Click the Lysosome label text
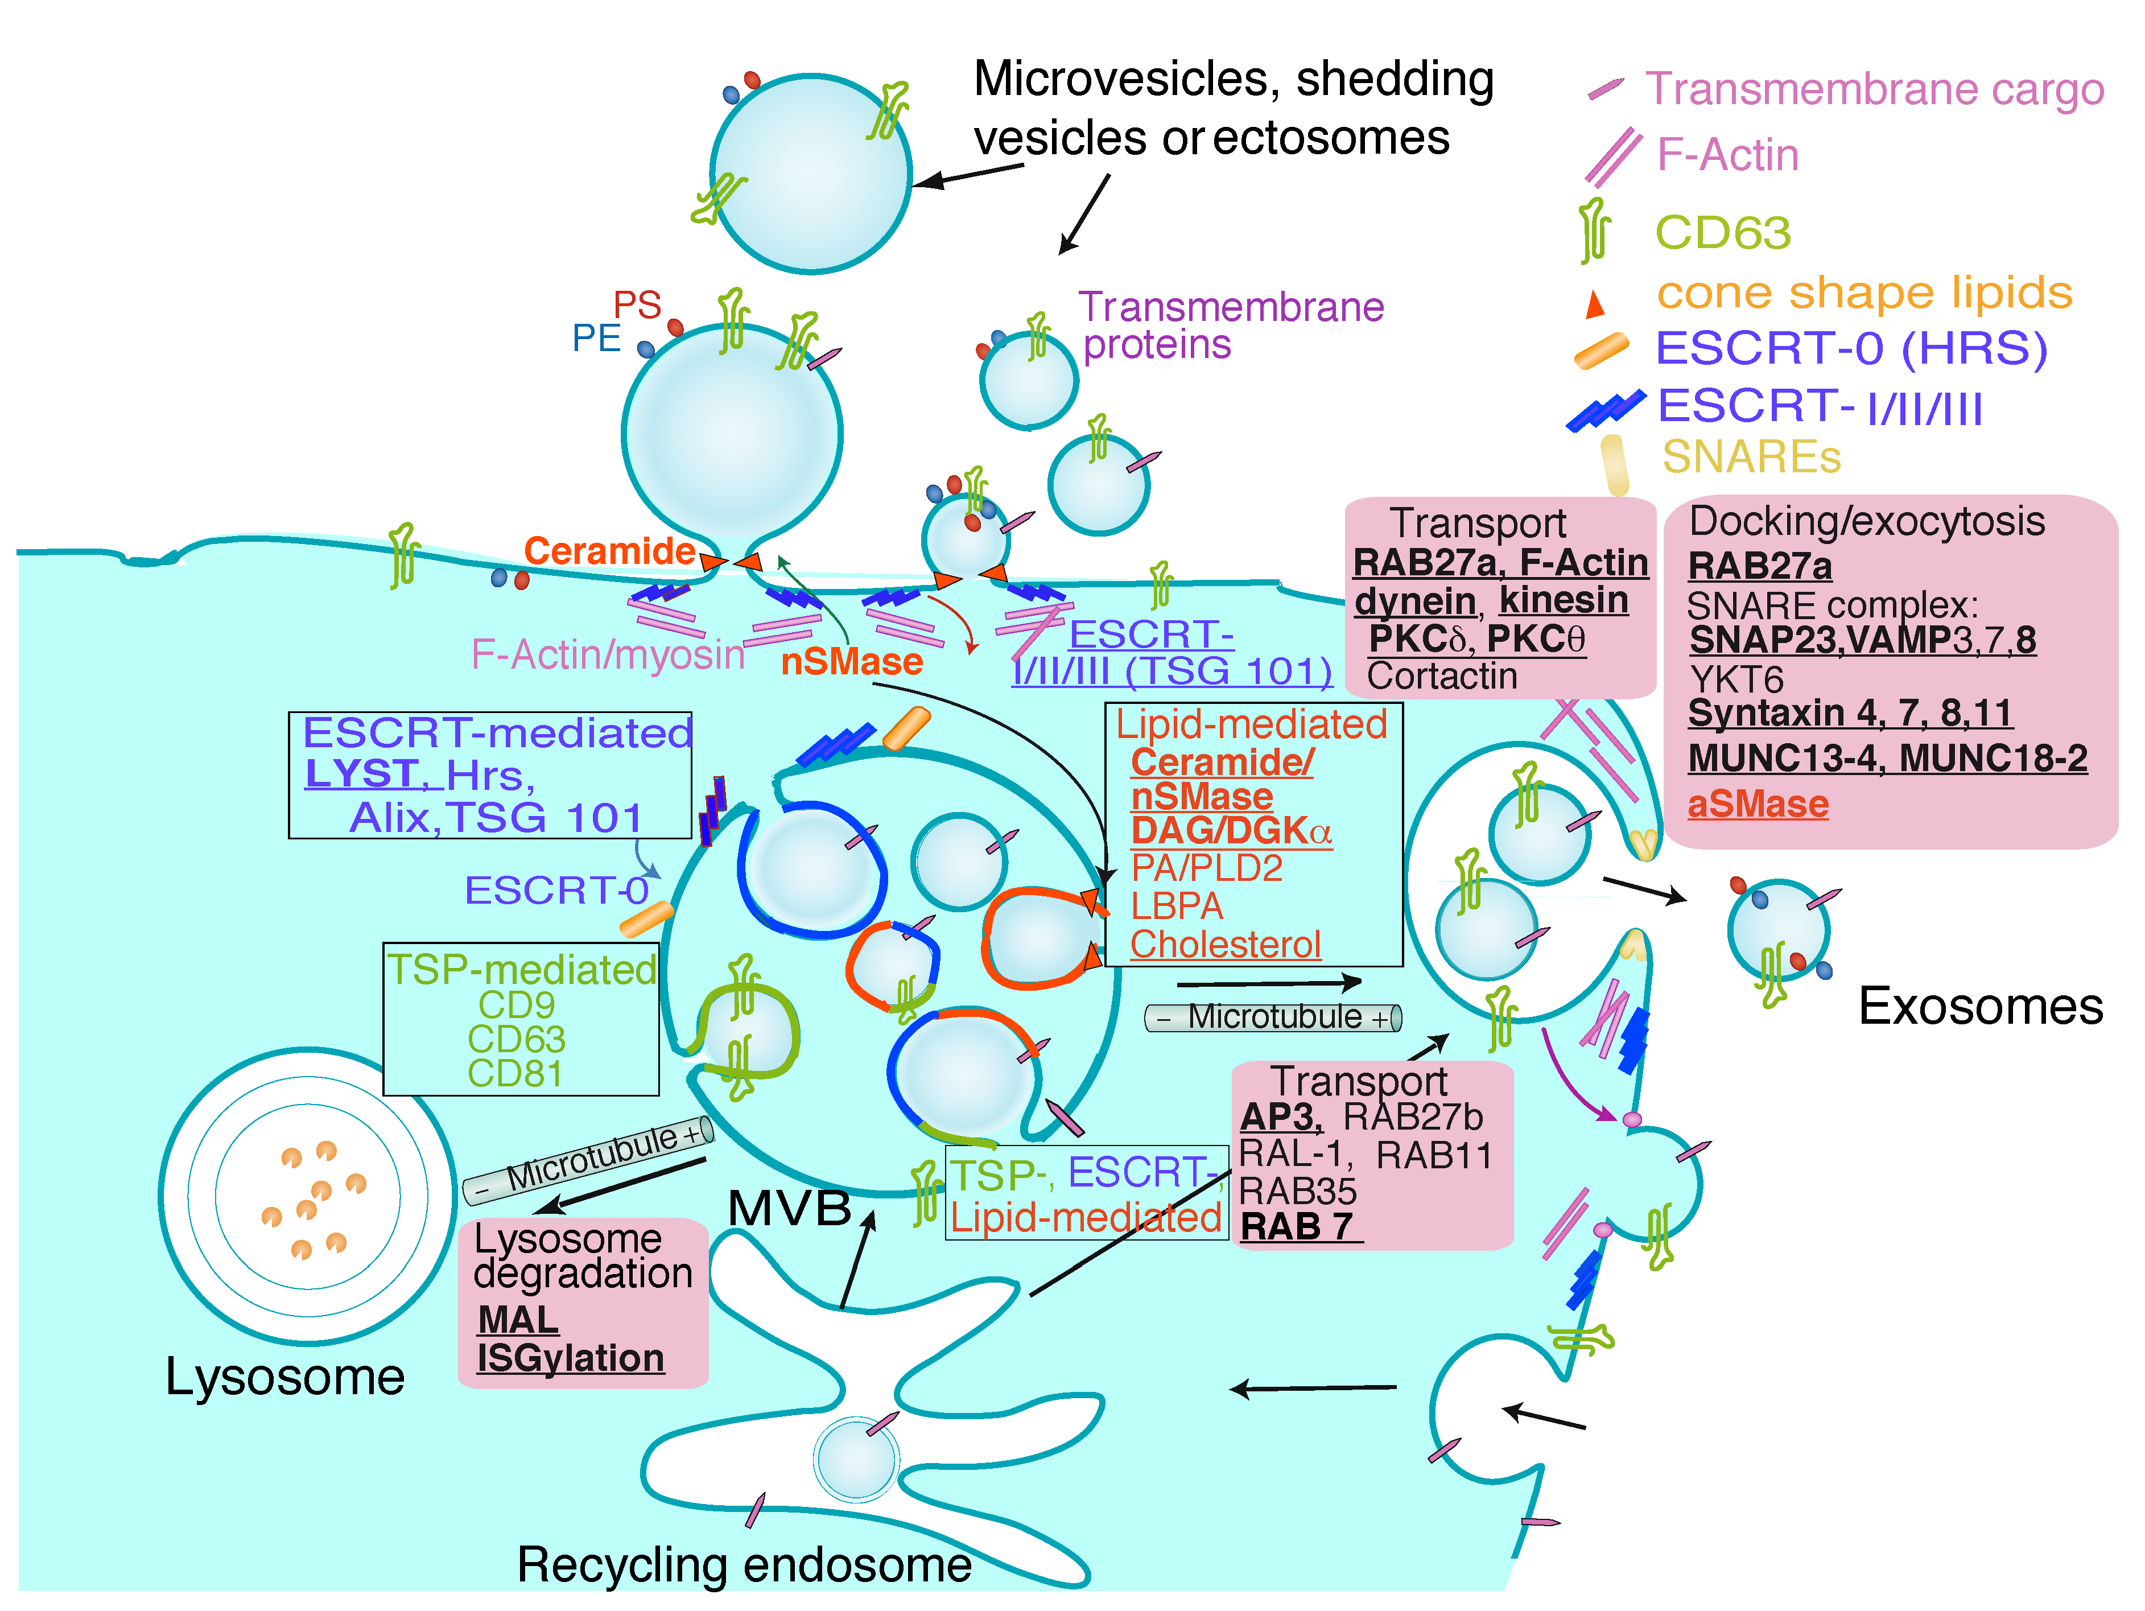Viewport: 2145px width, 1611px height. [284, 1377]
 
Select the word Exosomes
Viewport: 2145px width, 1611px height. [1980, 1006]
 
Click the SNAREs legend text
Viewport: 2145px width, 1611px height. [1750, 457]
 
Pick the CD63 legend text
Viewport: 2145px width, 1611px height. [1722, 233]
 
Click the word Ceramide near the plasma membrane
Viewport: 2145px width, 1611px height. [609, 551]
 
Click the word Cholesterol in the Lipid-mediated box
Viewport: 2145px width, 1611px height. [1225, 943]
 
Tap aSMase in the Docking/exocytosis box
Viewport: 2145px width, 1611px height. [1757, 804]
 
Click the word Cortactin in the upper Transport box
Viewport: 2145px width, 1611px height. [1441, 676]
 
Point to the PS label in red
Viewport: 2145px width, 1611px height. [637, 306]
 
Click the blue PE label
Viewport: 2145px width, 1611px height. [595, 339]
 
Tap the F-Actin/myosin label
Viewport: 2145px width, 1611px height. [607, 654]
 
